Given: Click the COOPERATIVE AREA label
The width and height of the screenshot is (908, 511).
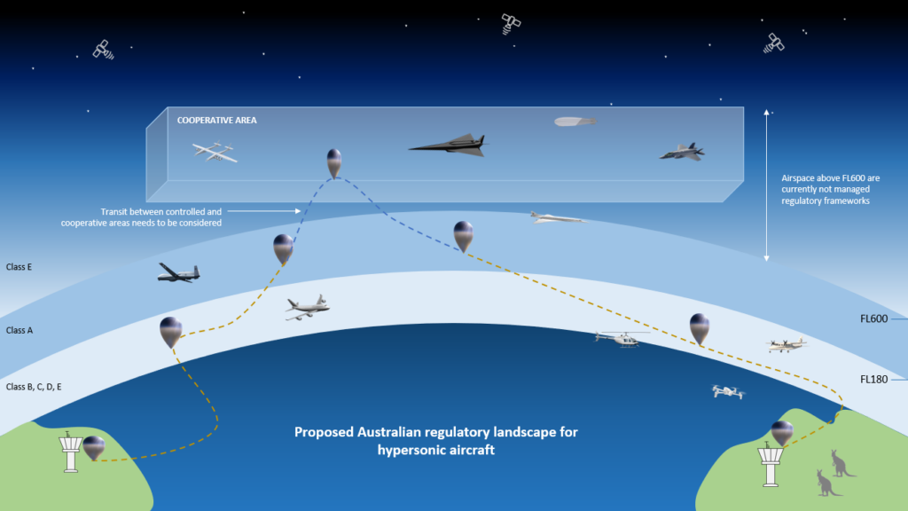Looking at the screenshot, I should tap(216, 120).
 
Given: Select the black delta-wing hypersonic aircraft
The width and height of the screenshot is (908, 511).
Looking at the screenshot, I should tap(449, 144).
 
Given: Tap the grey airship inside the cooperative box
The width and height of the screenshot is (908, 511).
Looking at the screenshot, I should tap(574, 121).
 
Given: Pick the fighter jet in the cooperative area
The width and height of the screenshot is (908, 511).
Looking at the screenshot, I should tap(682, 152).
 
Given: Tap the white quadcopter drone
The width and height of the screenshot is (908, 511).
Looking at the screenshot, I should tap(728, 391).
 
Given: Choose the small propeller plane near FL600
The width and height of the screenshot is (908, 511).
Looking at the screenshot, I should tap(787, 344).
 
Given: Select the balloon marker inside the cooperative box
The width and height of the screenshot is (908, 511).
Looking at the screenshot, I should tap(334, 162).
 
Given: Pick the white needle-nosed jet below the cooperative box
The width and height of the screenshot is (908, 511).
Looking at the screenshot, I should tap(555, 216).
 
